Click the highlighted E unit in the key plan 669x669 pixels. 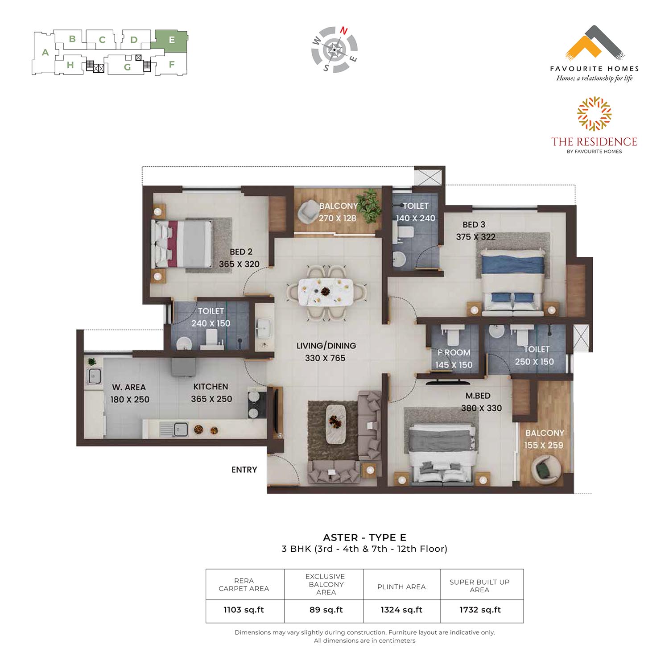click(x=171, y=40)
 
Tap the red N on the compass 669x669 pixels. click(x=344, y=30)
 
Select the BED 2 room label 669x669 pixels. click(x=241, y=252)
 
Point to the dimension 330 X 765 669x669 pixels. click(x=325, y=358)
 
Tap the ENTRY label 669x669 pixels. click(x=244, y=470)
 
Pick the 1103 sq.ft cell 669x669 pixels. click(x=244, y=610)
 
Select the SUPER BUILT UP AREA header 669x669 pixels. click(x=479, y=586)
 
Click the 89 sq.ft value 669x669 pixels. click(x=326, y=610)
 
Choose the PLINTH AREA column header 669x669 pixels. click(x=401, y=586)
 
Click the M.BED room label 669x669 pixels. click(x=478, y=396)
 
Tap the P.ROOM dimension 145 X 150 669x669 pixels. click(x=454, y=365)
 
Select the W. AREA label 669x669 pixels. click(x=129, y=387)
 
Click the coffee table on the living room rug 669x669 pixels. click(x=335, y=424)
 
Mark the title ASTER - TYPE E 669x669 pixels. click(x=364, y=537)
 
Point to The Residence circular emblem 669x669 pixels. click(x=594, y=114)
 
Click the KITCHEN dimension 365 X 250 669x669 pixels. click(x=211, y=399)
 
